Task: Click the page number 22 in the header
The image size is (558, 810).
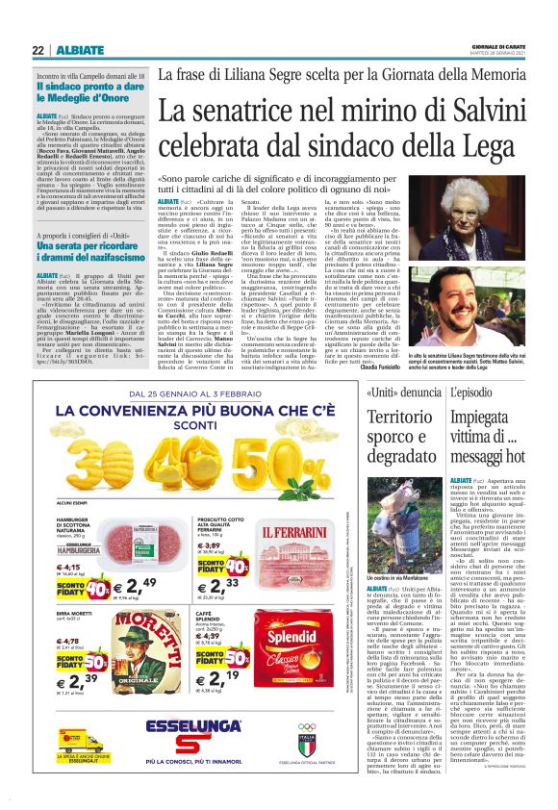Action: (38, 50)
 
